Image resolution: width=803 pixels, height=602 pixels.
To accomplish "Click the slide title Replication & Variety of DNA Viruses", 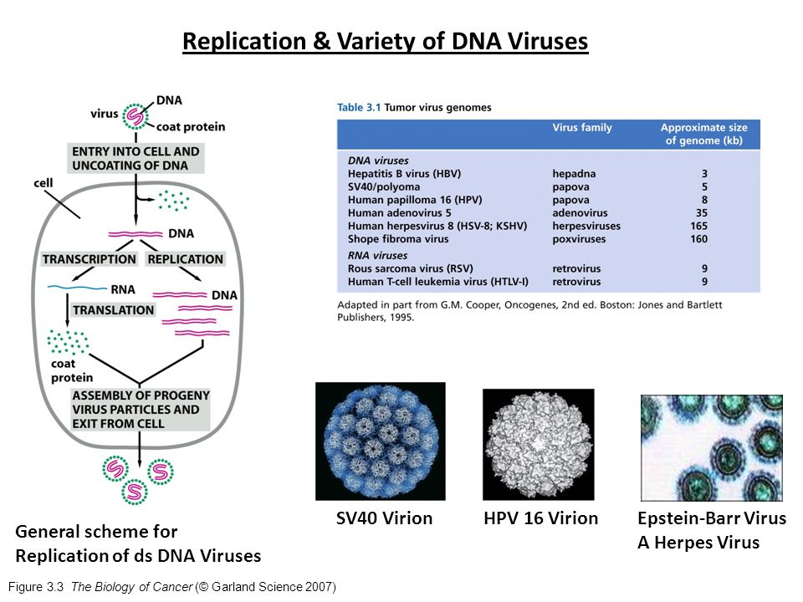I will point(386,41).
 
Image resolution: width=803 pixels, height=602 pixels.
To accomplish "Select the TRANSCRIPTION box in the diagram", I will point(90,259).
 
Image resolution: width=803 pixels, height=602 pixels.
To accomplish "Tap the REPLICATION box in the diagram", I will point(185,259).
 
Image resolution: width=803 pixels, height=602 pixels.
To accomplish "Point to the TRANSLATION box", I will point(114,310).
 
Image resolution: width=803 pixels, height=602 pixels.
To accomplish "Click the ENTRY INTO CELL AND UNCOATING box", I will point(136,158).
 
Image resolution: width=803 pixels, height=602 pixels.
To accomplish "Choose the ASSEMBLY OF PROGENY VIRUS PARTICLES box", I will point(141,409).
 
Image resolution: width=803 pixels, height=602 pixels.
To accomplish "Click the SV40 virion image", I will point(380,441).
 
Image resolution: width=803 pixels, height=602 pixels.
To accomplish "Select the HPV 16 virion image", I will point(539,444).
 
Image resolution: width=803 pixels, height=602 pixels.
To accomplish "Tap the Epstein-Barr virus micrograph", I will point(711,447).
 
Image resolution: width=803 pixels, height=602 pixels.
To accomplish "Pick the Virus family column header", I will point(582,128).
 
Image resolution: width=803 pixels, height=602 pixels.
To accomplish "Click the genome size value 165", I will point(698,226).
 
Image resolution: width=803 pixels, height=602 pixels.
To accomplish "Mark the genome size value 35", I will point(701,213).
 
